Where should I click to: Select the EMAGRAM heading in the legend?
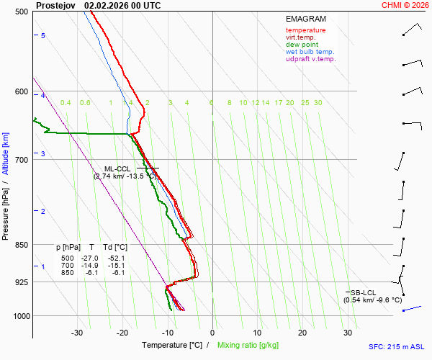pos(305,18)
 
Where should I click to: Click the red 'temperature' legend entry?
pos(305,30)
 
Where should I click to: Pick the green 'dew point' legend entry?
pos(302,45)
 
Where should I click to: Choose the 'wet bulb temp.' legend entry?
pos(310,52)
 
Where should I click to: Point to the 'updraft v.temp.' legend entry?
pos(310,59)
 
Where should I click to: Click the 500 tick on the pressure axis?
pos(21,12)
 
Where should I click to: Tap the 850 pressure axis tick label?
pos(21,246)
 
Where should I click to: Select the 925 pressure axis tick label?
pos(21,282)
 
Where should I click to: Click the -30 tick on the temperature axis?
pos(77,333)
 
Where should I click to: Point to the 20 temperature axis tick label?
pos(302,333)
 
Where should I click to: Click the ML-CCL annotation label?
pos(118,168)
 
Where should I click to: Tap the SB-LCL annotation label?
pos(364,292)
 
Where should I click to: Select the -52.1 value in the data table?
pos(114,258)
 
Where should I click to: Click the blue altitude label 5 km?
pos(43,36)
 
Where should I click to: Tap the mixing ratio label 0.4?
pos(66,103)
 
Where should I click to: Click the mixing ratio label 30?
pos(318,103)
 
